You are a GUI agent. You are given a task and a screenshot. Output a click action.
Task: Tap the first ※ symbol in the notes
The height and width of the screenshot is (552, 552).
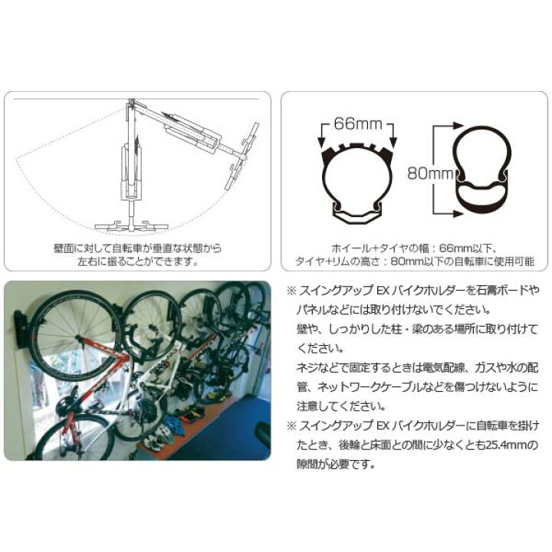[x=290, y=291]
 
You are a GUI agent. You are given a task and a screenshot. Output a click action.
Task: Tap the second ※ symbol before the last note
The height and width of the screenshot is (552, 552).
[x=290, y=425]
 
